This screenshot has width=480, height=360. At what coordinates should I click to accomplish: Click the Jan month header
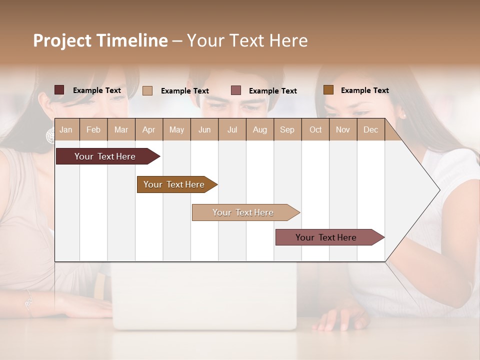(66, 130)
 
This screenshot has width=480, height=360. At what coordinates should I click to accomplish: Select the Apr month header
(148, 130)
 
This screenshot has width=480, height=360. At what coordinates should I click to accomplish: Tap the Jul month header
(232, 130)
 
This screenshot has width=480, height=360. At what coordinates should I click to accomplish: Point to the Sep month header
(287, 130)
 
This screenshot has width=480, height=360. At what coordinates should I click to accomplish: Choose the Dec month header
(370, 130)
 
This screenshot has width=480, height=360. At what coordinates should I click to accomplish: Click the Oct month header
(315, 130)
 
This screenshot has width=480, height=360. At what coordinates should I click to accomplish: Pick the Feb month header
(93, 130)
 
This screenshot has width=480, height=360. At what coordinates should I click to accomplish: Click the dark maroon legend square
(59, 90)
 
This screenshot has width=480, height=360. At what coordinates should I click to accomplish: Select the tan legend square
(147, 90)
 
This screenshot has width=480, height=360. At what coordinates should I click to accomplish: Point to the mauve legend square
(236, 90)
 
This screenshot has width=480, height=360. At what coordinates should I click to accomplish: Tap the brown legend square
(328, 89)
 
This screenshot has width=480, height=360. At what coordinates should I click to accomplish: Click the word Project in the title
(62, 40)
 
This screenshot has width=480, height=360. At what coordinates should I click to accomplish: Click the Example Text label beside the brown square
(364, 90)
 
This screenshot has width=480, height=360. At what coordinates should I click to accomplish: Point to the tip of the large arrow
(438, 190)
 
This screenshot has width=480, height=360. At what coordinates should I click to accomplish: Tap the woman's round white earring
(50, 135)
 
